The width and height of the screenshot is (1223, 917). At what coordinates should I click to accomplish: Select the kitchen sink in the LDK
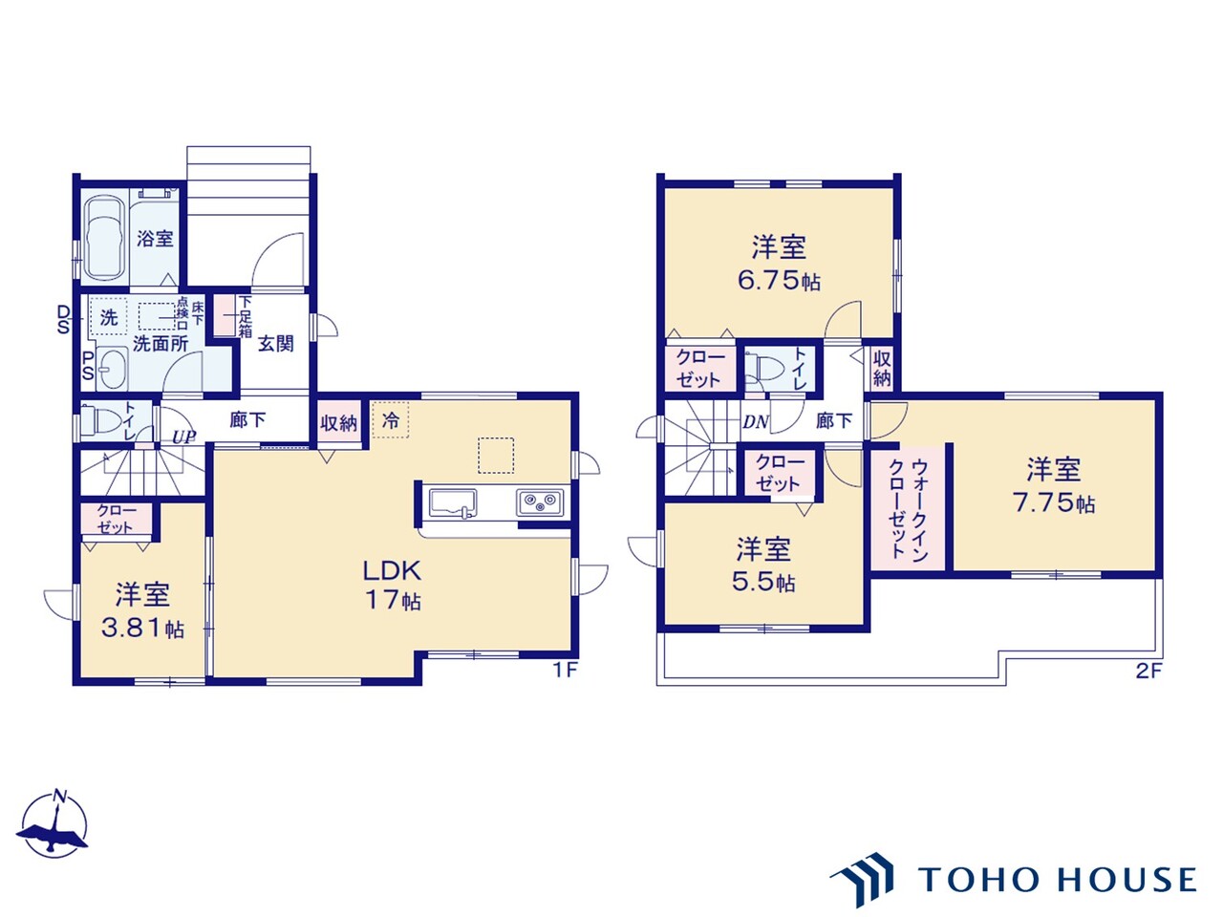pos(453,501)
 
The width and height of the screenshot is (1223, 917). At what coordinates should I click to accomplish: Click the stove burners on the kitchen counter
pos(540,501)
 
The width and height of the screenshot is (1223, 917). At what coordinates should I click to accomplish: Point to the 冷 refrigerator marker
pos(391,419)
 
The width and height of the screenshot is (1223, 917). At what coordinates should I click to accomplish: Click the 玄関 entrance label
pos(275,344)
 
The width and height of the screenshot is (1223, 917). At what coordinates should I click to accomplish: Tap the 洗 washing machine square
pos(109,317)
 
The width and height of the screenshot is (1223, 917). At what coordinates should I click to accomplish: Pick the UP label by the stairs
pos(183,437)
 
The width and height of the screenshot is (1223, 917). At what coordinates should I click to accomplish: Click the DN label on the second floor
pos(756,422)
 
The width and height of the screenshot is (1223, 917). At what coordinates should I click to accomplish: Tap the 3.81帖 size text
pos(143,629)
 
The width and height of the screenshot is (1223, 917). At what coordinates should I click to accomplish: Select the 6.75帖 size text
pos(779,281)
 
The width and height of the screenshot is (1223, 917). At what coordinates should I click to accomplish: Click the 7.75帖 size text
pos(1054,502)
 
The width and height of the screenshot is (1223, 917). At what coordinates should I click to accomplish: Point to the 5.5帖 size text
pos(763,581)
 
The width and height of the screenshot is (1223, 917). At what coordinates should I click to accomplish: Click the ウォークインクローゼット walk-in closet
pos(908,508)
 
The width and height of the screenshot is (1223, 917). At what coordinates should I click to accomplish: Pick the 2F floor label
pos(1148,671)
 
